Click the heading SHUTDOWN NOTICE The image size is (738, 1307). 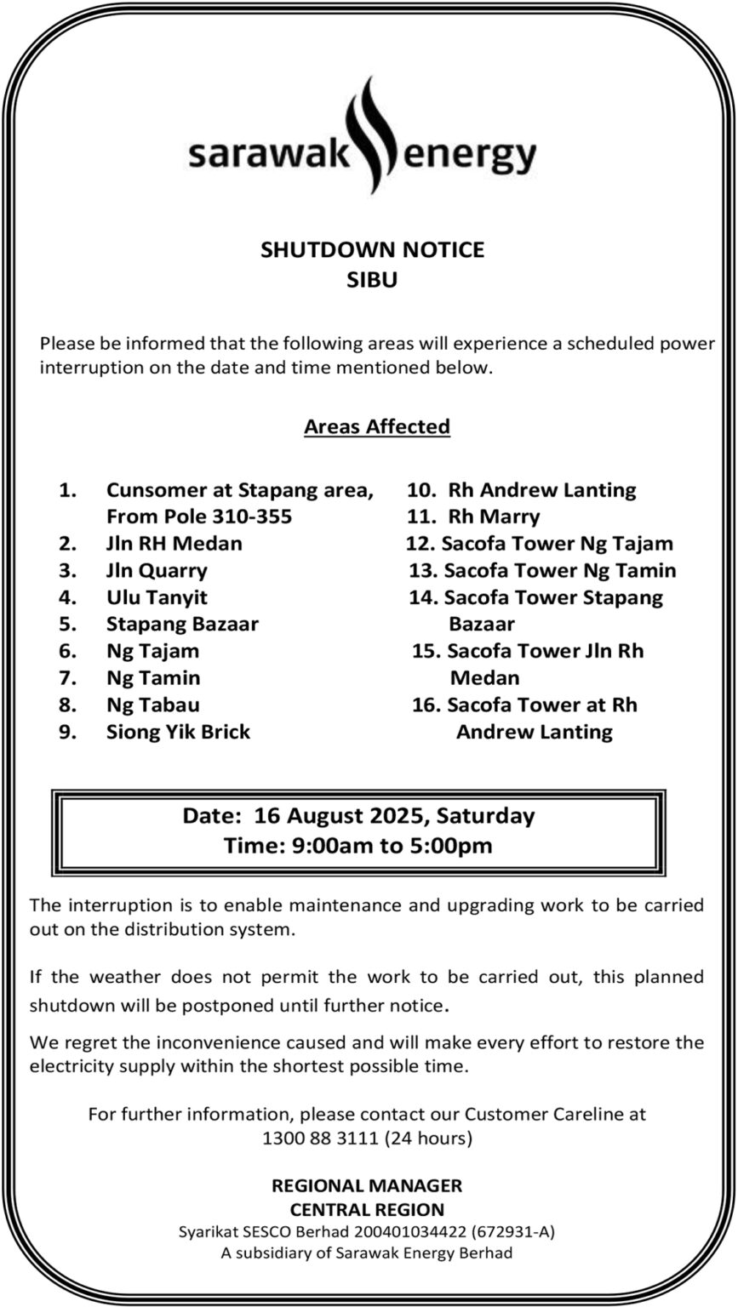(372, 249)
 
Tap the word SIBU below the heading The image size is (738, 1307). (372, 279)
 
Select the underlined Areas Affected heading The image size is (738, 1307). (377, 426)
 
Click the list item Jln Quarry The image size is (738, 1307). (157, 570)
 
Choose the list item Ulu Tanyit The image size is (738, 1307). (157, 597)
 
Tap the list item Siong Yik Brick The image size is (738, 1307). (178, 732)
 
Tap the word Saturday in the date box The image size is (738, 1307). (486, 816)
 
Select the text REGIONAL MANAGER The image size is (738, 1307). (367, 1185)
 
